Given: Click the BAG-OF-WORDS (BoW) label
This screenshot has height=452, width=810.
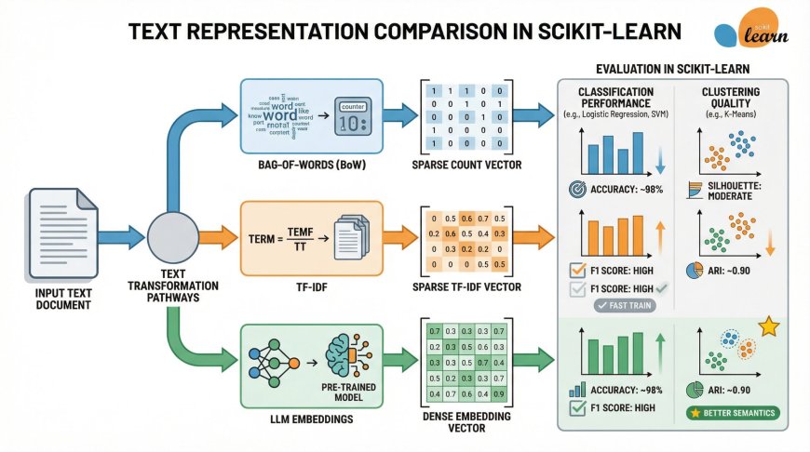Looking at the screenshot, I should (302, 166).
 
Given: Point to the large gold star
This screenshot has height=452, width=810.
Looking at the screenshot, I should (769, 327).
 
